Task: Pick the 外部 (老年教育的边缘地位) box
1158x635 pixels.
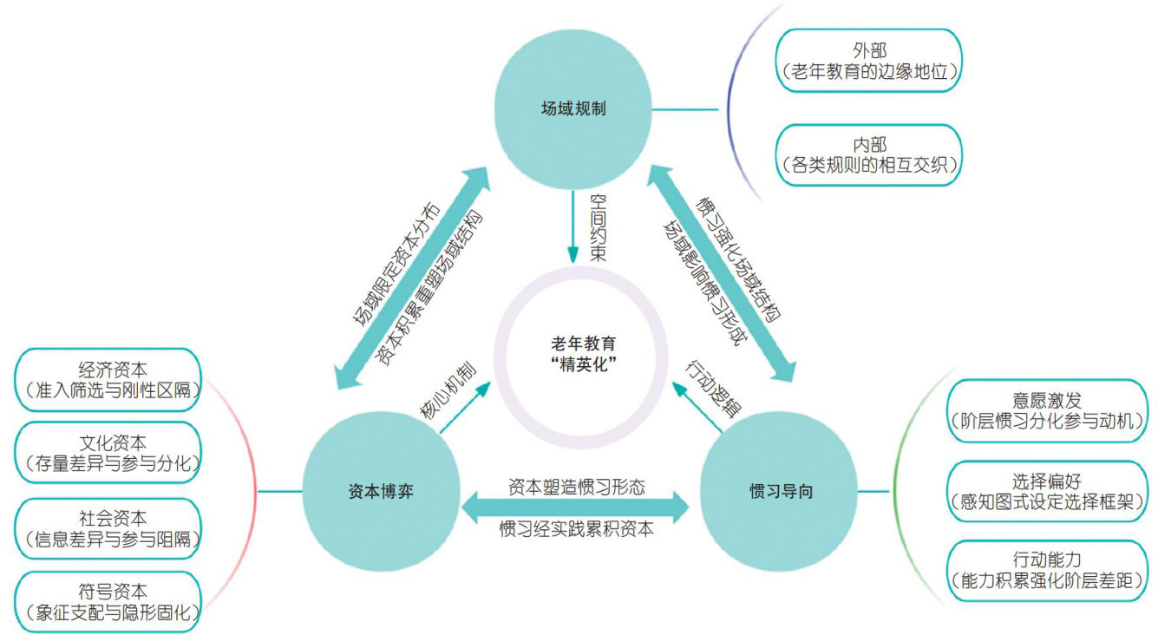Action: pos(868,62)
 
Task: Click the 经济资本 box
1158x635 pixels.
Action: pos(107,379)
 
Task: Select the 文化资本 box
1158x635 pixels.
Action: pos(107,453)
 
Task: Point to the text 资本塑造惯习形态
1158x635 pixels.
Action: pos(576,487)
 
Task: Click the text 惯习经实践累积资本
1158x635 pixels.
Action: pos(576,528)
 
